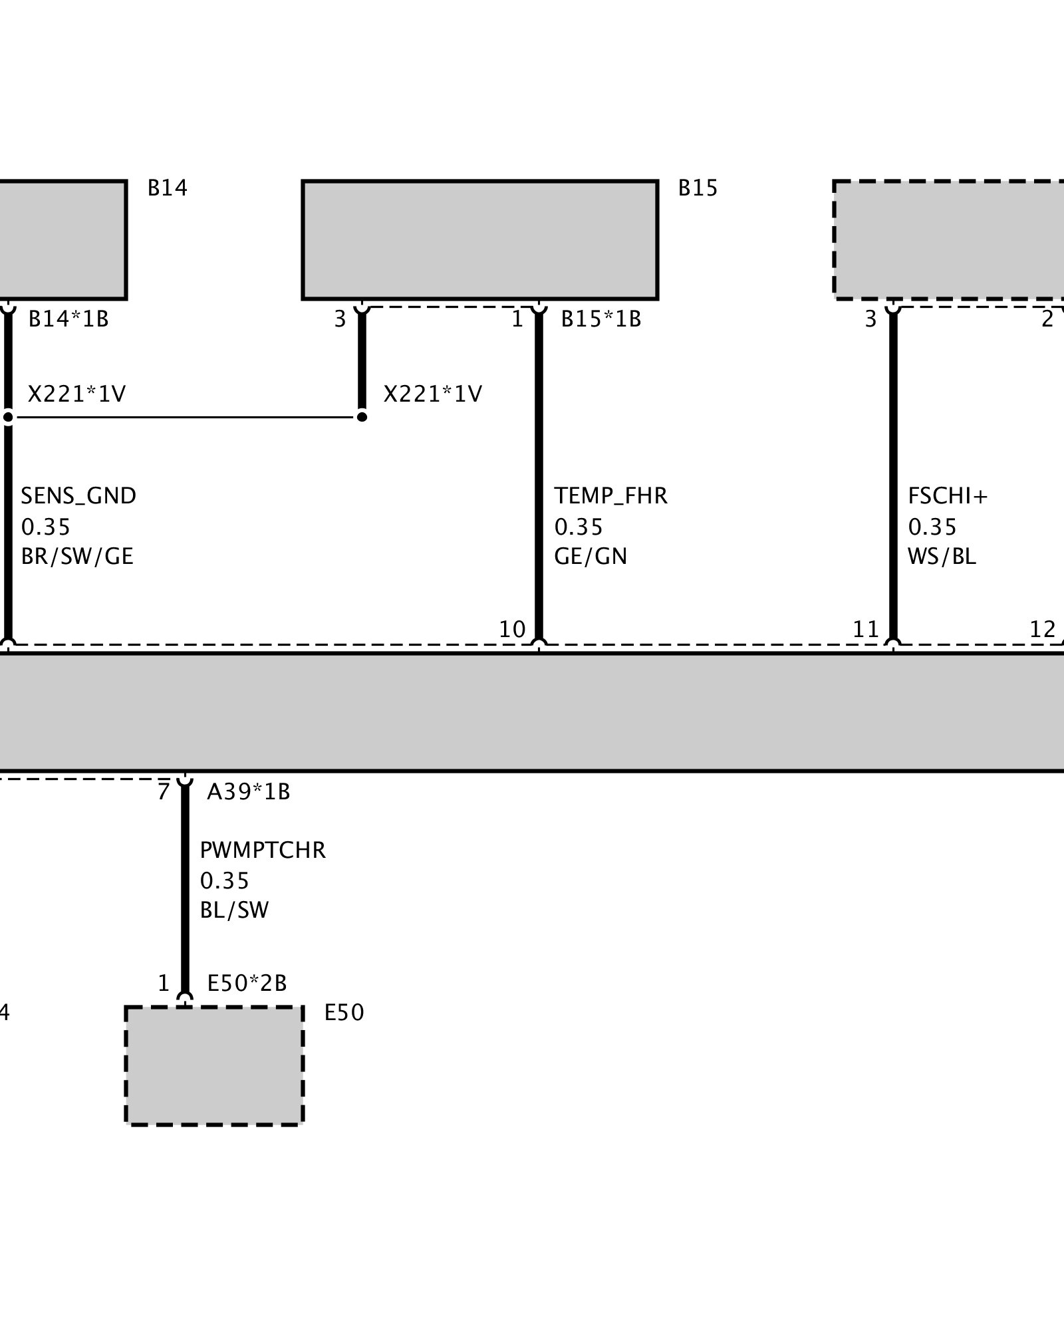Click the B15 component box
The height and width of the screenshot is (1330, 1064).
point(479,239)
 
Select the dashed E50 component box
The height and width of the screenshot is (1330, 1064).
point(214,1065)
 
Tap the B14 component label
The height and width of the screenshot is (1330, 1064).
point(168,189)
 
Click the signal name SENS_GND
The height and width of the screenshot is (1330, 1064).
point(78,496)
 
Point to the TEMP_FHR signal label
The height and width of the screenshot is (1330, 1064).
point(610,496)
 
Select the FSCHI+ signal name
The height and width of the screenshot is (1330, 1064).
point(948,496)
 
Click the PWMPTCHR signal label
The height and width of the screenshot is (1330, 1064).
point(263,850)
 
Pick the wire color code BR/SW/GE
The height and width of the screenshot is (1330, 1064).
point(77,556)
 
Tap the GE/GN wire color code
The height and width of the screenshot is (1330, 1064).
point(591,556)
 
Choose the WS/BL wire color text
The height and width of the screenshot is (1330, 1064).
point(942,556)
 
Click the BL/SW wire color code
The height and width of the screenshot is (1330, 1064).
point(234,910)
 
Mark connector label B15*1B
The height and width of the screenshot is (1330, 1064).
point(601,320)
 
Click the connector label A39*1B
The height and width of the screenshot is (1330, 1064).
point(249,792)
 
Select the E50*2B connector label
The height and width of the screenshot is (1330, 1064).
point(247,983)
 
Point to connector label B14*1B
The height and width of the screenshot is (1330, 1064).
point(68,320)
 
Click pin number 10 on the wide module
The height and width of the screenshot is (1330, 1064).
point(512,629)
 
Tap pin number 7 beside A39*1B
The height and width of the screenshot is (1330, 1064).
point(164,792)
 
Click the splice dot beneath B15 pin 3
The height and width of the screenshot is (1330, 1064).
point(362,417)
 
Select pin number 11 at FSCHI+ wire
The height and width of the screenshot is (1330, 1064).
point(866,629)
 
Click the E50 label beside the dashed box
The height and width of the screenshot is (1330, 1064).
point(344,1013)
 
